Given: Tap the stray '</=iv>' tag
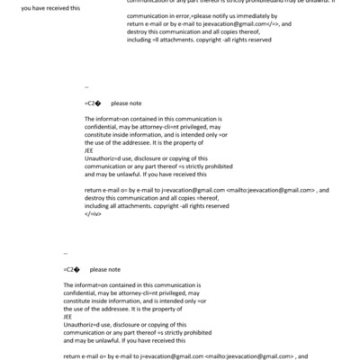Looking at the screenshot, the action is pos(93,215).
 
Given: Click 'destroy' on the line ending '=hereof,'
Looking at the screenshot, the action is pos(96,200).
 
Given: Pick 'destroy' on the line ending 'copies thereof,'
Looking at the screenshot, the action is pos(139,32).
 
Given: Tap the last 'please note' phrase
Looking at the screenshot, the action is pos(105,269).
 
